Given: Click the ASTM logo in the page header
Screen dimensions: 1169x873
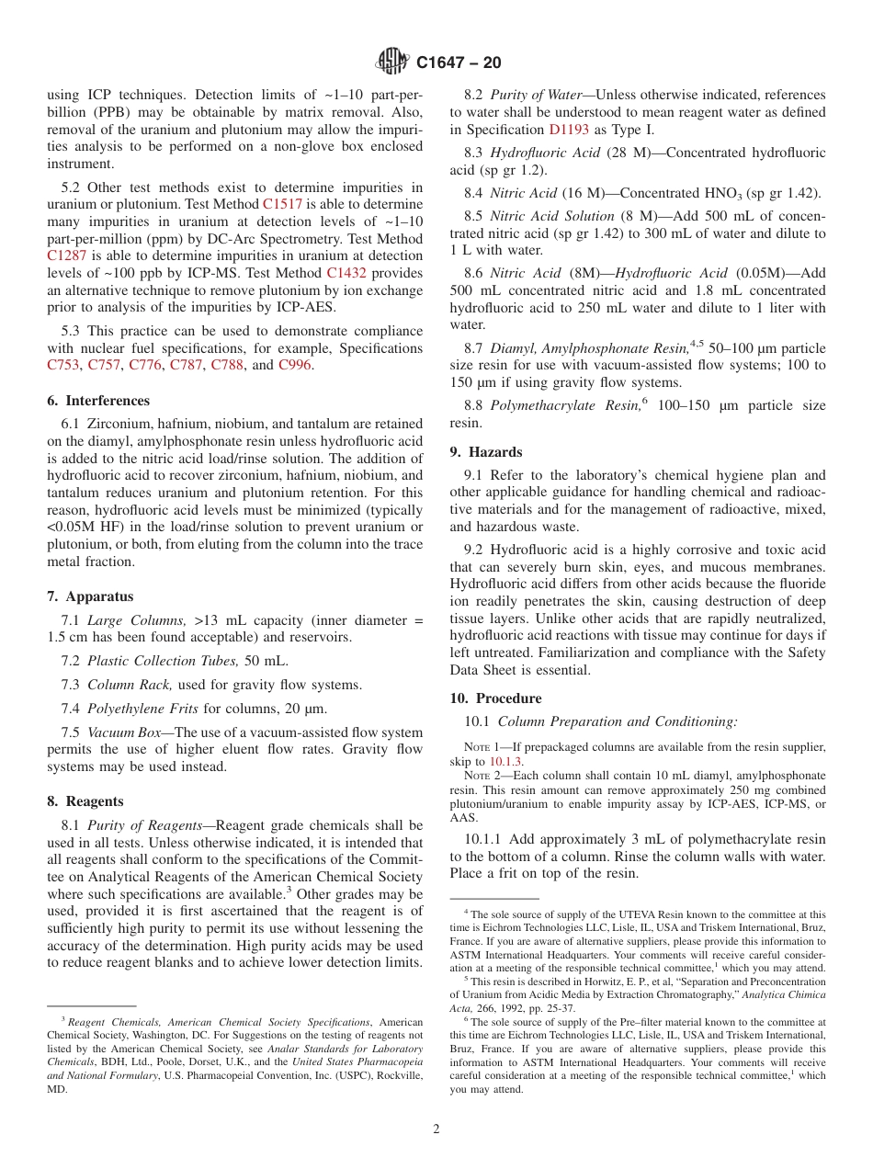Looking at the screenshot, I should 392,62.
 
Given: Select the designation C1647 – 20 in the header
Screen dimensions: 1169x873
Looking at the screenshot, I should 459,63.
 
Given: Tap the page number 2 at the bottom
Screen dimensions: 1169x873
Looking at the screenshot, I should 436,1129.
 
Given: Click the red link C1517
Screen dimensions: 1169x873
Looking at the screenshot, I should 282,205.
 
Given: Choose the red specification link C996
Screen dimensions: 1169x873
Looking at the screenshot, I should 295,366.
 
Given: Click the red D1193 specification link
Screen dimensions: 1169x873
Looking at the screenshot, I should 569,130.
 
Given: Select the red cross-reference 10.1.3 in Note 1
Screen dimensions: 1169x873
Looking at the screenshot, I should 505,762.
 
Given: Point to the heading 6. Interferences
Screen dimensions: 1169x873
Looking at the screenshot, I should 98,401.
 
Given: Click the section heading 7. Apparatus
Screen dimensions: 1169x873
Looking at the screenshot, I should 90,596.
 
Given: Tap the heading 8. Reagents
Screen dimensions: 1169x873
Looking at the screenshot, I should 85,801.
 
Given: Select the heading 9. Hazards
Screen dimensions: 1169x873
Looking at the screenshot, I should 486,452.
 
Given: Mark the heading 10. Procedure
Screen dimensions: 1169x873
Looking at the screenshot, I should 495,698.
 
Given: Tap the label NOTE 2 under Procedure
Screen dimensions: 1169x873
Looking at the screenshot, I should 483,776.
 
